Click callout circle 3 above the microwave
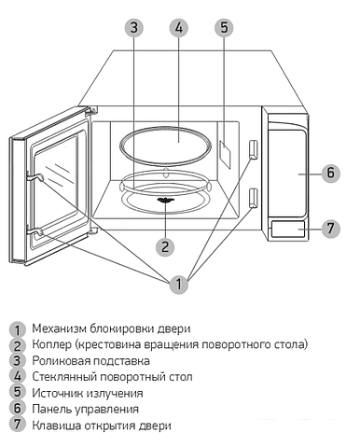pyautogui.click(x=134, y=27)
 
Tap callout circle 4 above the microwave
pyautogui.click(x=179, y=27)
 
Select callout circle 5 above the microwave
pyautogui.click(x=224, y=27)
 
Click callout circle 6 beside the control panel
pyautogui.click(x=329, y=173)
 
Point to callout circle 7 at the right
pyautogui.click(x=329, y=227)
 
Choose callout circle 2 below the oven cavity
pyautogui.click(x=165, y=247)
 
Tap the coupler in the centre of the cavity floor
pyautogui.click(x=165, y=199)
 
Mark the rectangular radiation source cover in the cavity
pyautogui.click(x=225, y=148)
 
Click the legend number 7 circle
pyautogui.click(x=16, y=425)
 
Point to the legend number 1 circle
pyautogui.click(x=16, y=329)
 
